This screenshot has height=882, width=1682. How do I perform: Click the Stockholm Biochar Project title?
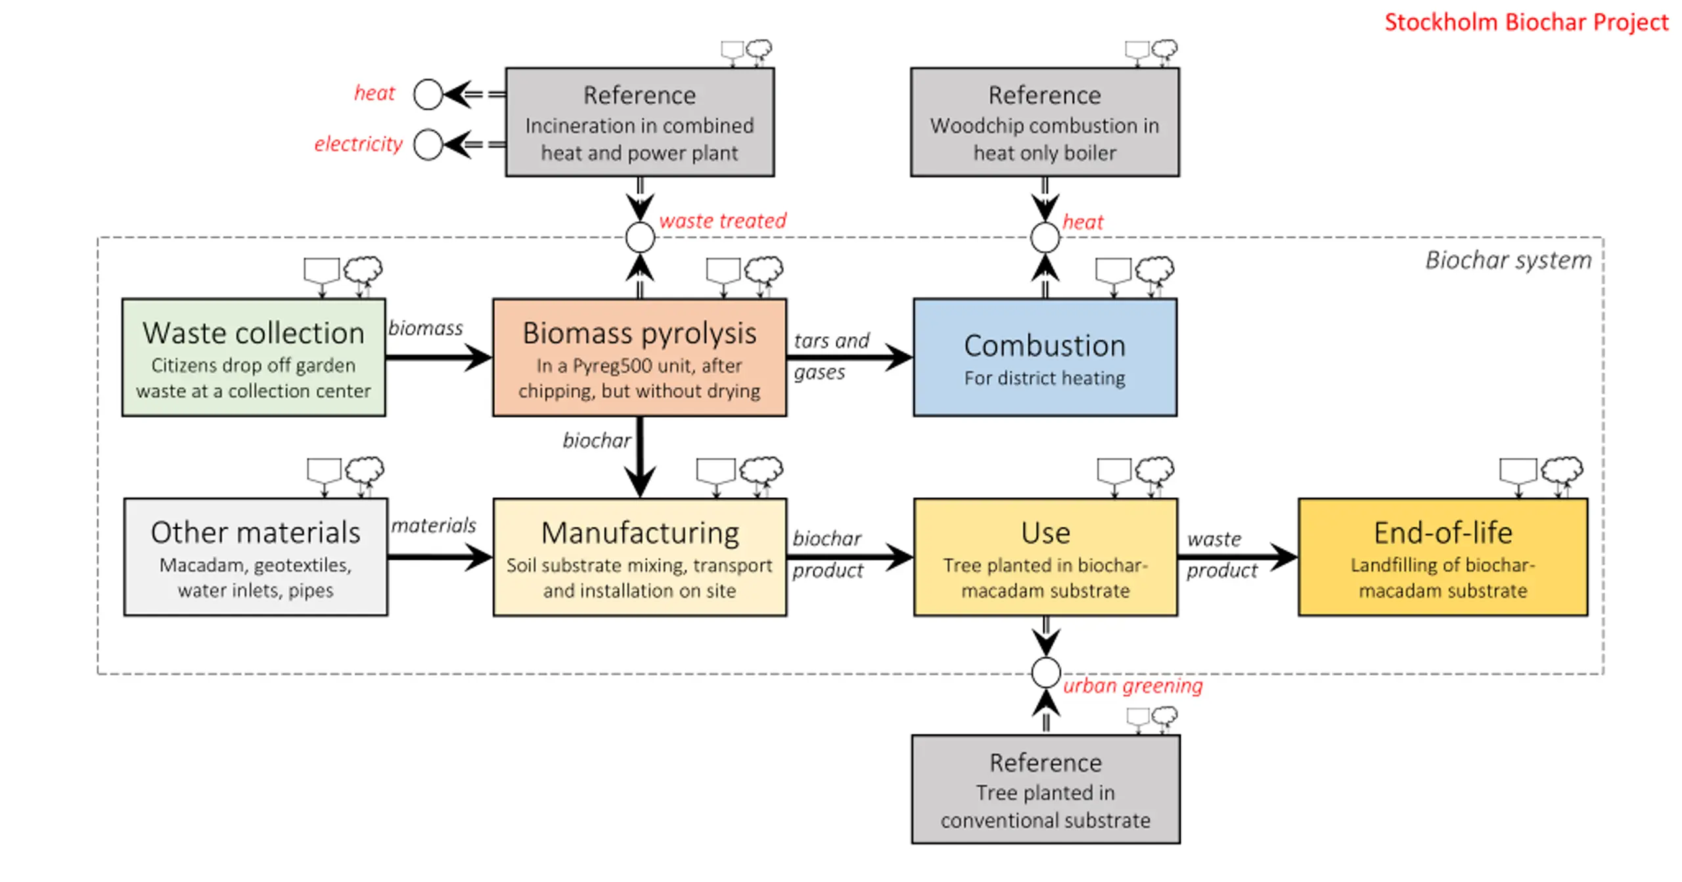click(x=1526, y=22)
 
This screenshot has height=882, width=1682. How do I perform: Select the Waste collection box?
click(x=254, y=357)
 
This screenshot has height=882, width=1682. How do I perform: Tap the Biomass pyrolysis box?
click(x=639, y=357)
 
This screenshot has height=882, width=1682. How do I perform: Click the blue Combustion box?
click(x=1045, y=357)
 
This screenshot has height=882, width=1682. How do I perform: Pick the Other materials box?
click(x=256, y=557)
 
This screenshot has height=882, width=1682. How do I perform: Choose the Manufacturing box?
click(x=639, y=557)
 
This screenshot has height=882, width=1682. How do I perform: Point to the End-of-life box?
click(x=1443, y=557)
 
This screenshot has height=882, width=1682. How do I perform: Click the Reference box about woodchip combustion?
click(x=1045, y=122)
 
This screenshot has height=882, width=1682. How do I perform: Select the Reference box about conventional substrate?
click(x=1045, y=789)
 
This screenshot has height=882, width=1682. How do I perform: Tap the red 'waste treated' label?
click(x=722, y=221)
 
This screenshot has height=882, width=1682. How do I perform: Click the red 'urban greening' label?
click(x=1133, y=686)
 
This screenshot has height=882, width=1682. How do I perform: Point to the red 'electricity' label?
click(x=358, y=144)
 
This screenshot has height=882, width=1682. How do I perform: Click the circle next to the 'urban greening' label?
click(x=1045, y=673)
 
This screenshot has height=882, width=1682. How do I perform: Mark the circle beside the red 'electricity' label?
click(x=428, y=144)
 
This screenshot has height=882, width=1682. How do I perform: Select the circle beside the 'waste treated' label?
click(x=640, y=237)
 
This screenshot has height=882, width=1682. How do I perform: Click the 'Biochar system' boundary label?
click(x=1509, y=261)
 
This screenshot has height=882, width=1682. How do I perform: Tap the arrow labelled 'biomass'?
click(x=439, y=358)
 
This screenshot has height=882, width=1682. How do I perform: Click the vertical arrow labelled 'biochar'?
click(x=640, y=457)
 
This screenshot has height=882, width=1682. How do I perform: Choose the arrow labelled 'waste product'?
click(x=1238, y=558)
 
